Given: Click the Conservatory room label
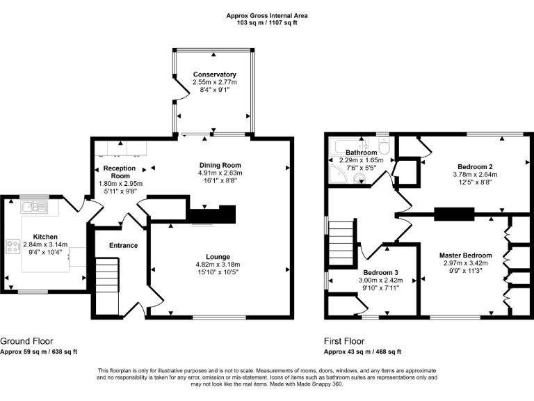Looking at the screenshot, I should coord(214,74).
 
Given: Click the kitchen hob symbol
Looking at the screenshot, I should coord(13,246).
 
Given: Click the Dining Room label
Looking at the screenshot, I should coord(218,165).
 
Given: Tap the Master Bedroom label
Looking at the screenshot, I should coord(465,255).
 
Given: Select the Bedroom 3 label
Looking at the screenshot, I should coord(381,272).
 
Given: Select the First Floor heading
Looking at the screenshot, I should coord(343,341).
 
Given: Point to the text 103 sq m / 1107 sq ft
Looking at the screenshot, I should coord(267,23).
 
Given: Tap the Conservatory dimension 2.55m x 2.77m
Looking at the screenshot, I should coord(214,82).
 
